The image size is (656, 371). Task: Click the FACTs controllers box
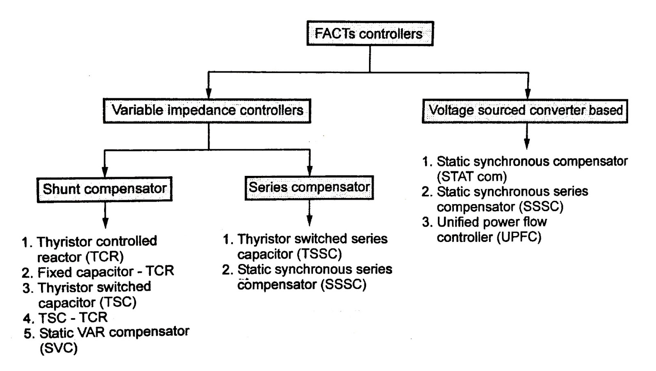[370, 34]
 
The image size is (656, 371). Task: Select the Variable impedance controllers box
[207, 111]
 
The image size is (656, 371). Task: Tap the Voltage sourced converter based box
[525, 111]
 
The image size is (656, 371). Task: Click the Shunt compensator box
[105, 189]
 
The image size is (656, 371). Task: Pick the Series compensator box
[309, 188]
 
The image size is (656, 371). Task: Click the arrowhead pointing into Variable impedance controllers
[209, 93]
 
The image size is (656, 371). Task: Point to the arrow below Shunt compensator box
[105, 215]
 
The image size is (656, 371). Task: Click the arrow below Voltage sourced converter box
[527, 137]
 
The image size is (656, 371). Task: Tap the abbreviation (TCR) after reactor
[105, 257]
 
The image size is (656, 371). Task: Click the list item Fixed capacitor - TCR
[105, 272]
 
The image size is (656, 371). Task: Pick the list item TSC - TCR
[73, 318]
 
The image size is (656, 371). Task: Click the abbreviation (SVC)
[58, 348]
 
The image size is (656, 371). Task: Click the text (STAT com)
[471, 177]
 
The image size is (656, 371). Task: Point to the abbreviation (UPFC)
[519, 237]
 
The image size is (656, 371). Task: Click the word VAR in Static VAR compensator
[89, 332]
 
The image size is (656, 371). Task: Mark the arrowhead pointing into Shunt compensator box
[105, 171]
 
